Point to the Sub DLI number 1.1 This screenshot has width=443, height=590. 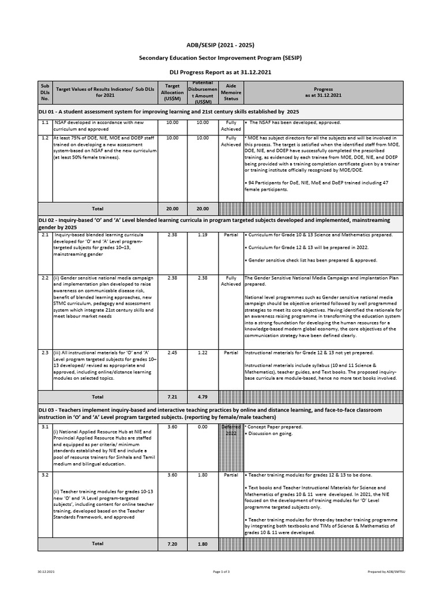44,123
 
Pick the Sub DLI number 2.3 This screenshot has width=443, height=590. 44,353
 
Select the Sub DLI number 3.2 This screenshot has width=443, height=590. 44,475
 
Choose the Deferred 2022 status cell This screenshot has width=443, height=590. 231,430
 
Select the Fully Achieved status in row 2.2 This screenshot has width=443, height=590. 231,281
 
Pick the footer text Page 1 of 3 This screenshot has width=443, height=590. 222,572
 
